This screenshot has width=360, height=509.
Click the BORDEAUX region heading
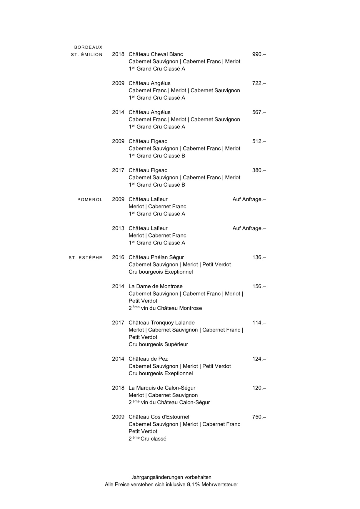88,47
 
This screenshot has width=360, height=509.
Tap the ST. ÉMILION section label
87,54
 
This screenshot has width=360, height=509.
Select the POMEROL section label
90,200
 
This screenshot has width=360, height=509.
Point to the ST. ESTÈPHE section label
86,258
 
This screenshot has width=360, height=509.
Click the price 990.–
259,54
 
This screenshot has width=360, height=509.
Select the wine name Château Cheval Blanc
156,54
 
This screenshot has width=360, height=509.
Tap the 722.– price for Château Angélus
259,83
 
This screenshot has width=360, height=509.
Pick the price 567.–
259,112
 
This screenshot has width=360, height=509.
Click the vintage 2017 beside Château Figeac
118,170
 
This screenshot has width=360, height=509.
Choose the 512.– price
259,141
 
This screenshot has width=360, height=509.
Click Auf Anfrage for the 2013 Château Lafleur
249,228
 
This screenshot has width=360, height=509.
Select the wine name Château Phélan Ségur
156,257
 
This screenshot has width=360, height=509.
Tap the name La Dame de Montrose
155,287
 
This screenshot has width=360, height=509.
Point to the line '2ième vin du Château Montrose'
165,308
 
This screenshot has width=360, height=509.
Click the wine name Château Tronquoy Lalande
161,323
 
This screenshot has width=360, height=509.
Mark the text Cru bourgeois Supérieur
158,344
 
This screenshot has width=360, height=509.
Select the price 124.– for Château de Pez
259,359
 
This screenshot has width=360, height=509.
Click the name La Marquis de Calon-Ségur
162,388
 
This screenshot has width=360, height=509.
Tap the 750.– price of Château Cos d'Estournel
259,417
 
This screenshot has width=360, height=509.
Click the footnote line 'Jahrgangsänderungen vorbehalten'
171,477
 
